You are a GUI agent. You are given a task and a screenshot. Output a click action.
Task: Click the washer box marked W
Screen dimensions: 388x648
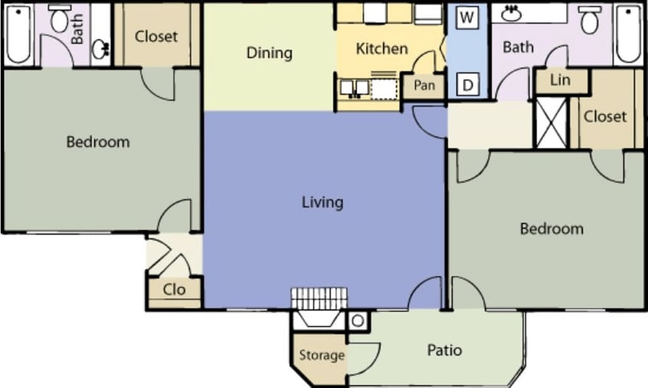466,17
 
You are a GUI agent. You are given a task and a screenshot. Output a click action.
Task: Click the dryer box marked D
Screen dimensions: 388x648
467,85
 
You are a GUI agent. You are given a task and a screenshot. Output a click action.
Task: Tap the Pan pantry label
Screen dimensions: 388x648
424,85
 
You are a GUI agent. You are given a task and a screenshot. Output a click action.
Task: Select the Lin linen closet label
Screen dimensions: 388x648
560,80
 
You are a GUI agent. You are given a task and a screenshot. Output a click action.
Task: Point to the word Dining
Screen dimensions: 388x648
269,52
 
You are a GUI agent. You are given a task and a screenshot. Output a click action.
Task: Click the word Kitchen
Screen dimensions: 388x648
382,49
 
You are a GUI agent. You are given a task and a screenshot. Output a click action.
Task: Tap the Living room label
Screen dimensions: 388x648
322,202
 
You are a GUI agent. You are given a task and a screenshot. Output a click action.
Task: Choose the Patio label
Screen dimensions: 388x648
444,350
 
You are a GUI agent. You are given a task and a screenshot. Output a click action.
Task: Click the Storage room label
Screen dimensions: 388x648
321,355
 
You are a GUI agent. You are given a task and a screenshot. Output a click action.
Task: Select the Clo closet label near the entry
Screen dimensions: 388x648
174,289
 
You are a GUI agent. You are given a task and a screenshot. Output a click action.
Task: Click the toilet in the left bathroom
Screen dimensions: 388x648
59,20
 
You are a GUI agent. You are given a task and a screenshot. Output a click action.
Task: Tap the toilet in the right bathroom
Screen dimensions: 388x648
589,20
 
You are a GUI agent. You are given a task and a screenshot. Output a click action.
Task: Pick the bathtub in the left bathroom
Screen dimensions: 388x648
19,34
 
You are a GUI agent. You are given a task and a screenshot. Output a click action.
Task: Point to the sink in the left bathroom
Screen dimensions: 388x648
101,49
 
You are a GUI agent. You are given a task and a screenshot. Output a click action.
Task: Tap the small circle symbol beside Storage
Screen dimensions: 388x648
358,320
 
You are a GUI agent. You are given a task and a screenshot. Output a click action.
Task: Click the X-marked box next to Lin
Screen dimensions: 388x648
551,122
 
